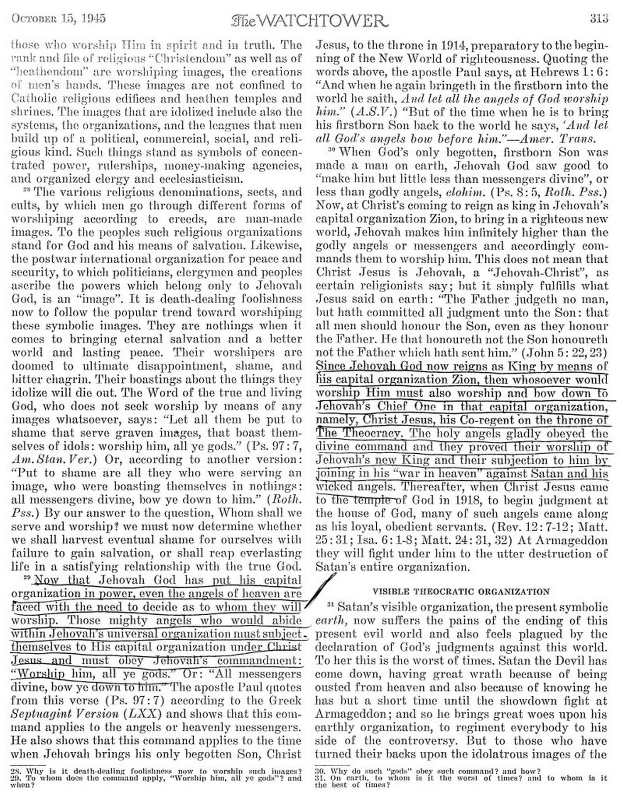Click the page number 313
pyautogui.click(x=598, y=18)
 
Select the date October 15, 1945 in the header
pyautogui.click(x=59, y=18)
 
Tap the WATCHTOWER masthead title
pyautogui.click(x=310, y=20)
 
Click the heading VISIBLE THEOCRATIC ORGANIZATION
pyautogui.click(x=461, y=591)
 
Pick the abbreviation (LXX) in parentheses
pyautogui.click(x=136, y=714)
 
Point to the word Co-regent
pyautogui.click(x=485, y=420)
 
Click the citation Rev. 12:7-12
pyautogui.click(x=528, y=527)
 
